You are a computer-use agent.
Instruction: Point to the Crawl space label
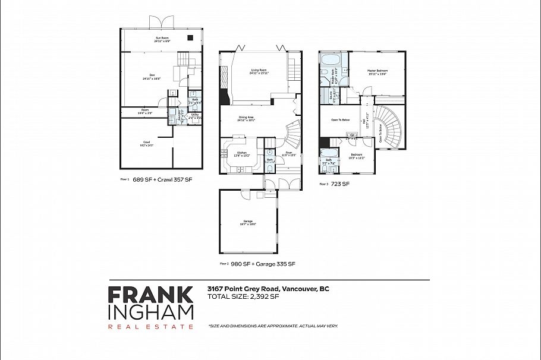pyautogui.click(x=146, y=143)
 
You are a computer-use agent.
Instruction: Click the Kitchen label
pyautogui.click(x=242, y=153)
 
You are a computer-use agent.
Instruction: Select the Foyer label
pyautogui.click(x=288, y=153)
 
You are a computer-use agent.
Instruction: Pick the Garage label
pyautogui.click(x=248, y=223)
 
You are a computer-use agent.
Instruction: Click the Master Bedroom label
pyautogui.click(x=377, y=72)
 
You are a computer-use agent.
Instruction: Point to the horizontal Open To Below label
pyautogui.click(x=340, y=119)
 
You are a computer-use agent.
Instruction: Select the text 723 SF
pyautogui.click(x=341, y=184)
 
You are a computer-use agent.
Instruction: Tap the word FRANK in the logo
pyautogui.click(x=150, y=295)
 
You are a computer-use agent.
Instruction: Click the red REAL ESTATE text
pyautogui.click(x=150, y=326)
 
